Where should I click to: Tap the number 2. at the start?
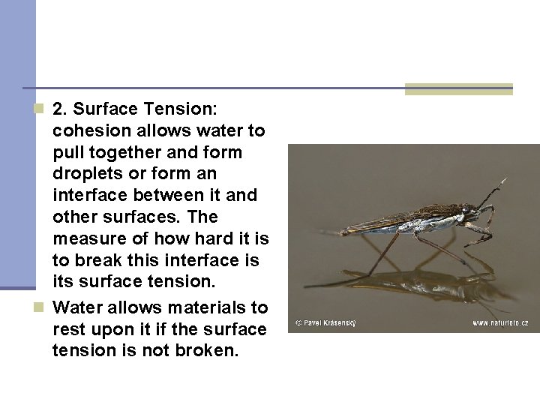(61, 110)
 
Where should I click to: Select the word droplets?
(85, 174)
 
